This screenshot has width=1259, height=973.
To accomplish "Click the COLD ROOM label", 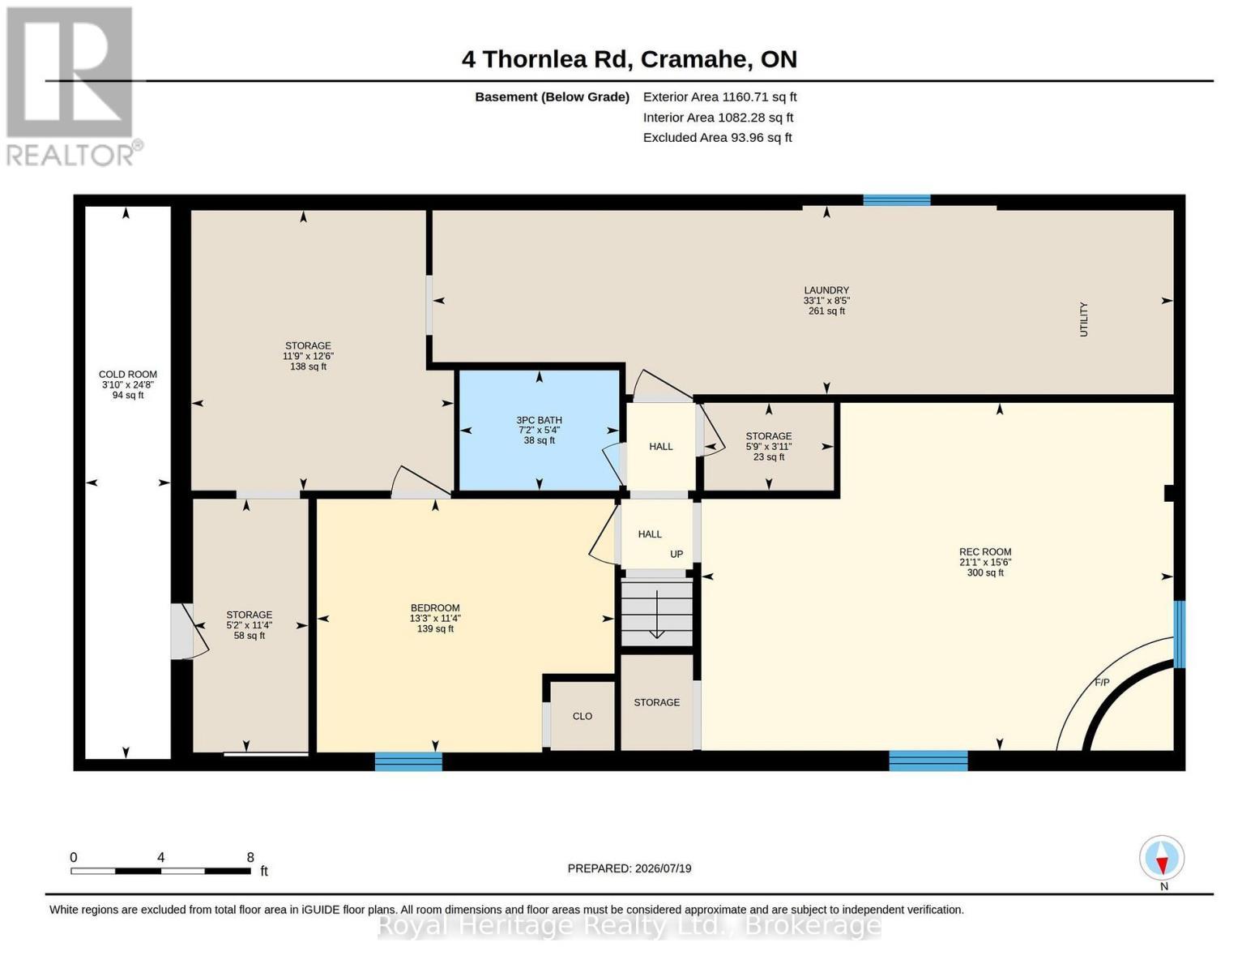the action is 127,375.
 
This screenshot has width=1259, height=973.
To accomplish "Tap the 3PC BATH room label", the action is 539,420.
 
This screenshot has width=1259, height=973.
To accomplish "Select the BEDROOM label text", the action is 435,607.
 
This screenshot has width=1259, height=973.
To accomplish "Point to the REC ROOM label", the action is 985,552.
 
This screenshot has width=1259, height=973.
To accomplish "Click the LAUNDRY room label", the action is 826,290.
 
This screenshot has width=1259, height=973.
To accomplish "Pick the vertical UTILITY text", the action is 1083,319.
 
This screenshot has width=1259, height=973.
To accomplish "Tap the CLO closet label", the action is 583,716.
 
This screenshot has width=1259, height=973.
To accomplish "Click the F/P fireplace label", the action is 1102,683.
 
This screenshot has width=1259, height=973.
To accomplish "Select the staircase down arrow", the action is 656,615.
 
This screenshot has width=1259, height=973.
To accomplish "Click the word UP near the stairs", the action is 676,554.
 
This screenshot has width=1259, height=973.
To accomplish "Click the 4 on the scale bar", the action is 160,857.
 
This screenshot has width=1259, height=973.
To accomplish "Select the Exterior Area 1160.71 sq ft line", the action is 719,96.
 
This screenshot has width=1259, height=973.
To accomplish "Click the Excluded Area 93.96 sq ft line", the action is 717,137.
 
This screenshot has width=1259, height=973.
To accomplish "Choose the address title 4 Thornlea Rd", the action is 546,59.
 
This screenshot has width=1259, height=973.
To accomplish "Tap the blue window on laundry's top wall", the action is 896,200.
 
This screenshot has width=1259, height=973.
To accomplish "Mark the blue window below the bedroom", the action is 408,761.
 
